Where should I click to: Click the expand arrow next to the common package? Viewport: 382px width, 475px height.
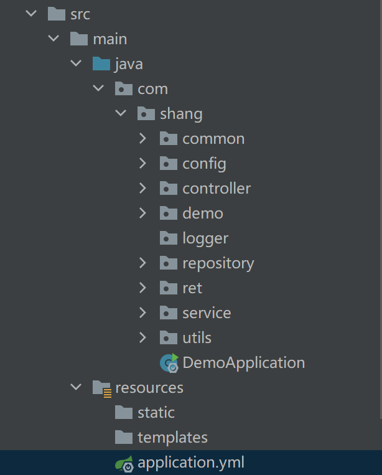click(142, 138)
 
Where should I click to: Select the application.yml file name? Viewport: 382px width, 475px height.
click(190, 463)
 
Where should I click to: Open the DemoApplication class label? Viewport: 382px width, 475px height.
click(243, 362)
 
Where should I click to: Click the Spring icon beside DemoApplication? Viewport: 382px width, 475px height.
click(169, 362)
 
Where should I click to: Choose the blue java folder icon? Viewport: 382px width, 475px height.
click(101, 63)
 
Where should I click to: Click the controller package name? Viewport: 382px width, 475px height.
click(217, 188)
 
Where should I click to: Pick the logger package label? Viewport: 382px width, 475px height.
click(205, 238)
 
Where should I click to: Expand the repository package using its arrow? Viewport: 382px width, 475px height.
click(142, 263)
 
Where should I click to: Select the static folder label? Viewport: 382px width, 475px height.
click(156, 412)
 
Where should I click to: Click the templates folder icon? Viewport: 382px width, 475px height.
click(124, 437)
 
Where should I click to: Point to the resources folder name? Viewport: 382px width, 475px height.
click(149, 387)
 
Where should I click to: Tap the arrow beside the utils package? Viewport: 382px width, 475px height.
click(142, 337)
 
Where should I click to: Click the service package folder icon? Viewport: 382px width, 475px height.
click(169, 313)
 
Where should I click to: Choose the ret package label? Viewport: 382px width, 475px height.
click(192, 288)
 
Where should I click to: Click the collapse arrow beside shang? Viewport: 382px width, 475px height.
click(120, 113)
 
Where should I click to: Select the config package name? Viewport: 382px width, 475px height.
click(204, 163)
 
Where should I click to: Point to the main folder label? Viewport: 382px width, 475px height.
click(109, 39)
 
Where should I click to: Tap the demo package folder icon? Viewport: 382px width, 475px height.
click(169, 213)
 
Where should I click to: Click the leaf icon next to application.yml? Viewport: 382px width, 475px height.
click(123, 463)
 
